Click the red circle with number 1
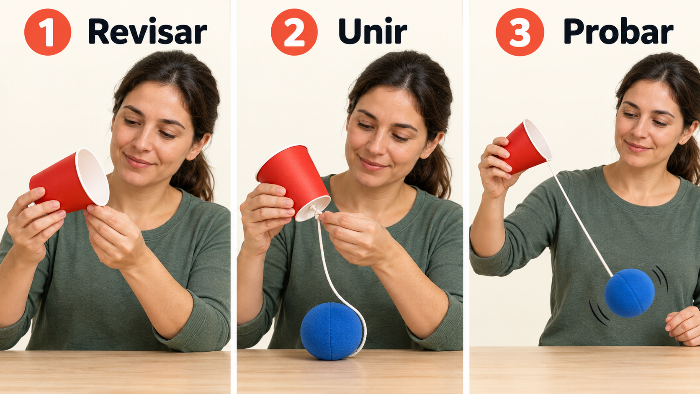pos(48,32)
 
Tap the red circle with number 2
pos(294,32)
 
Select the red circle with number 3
pos(520,32)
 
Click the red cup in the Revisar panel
pos(69,180)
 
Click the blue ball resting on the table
pos(331,331)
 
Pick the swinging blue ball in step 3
pos(629,293)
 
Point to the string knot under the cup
pos(316,213)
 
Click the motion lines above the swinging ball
pos(660,278)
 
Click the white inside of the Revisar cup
pos(92,177)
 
